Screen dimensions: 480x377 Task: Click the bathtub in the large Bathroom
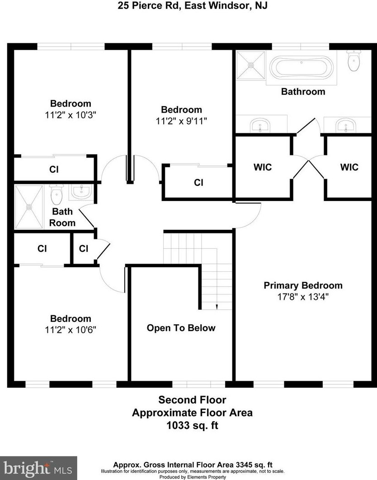pos(302,68)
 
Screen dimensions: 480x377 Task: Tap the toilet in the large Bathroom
pos(353,61)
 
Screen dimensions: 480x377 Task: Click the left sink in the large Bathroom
pos(259,125)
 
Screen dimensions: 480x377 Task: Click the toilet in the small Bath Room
pos(57,195)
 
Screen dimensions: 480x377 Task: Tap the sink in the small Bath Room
pos(82,192)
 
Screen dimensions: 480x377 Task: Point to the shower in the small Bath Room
pos(29,207)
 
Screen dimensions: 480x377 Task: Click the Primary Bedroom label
pos(303,285)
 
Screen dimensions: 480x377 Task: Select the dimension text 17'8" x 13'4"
pos(303,297)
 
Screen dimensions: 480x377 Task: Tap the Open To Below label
pos(181,328)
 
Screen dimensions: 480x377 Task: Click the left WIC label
pos(262,167)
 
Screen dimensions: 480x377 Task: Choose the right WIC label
pos(349,167)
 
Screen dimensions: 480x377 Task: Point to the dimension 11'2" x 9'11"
pos(181,121)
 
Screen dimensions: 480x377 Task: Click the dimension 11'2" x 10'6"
pos(70,330)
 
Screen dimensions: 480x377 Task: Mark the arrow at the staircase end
pos(217,307)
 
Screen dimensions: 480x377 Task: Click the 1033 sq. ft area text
pos(192,425)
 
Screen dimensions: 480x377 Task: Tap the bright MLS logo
pos(38,468)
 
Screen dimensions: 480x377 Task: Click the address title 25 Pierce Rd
pos(188,6)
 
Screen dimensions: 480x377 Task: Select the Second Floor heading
pos(192,400)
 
